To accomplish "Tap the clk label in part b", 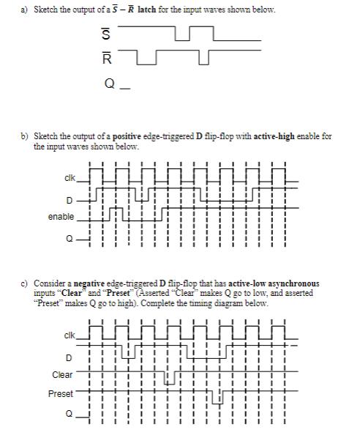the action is (69, 176).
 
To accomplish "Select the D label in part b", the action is (70, 198).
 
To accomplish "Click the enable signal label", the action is (61, 217).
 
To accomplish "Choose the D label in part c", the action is (70, 357).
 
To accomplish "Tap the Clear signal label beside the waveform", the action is (62, 375).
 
